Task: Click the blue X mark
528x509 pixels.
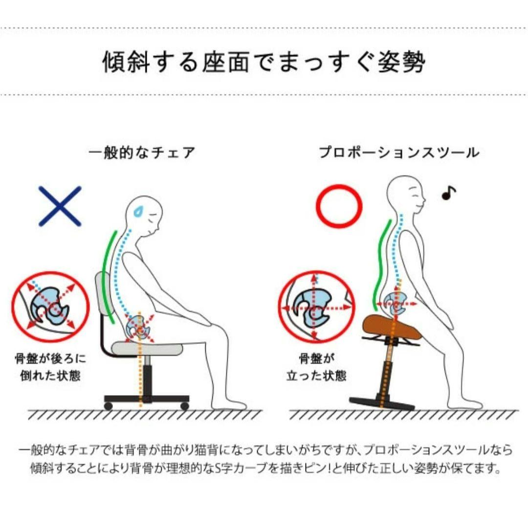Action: click(x=60, y=206)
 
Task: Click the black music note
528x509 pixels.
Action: click(x=448, y=193)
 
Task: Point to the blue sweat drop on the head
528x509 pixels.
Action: click(x=138, y=211)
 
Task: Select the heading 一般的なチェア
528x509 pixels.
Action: click(x=142, y=153)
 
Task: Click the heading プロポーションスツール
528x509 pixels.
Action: click(x=399, y=152)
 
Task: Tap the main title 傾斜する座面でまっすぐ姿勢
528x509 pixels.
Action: click(x=264, y=62)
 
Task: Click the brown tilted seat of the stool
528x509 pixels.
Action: click(x=392, y=327)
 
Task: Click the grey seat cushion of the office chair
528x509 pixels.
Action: click(x=147, y=348)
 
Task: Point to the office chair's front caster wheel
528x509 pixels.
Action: click(x=184, y=406)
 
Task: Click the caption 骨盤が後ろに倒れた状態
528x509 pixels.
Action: click(x=50, y=367)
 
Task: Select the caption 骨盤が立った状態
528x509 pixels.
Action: click(x=316, y=367)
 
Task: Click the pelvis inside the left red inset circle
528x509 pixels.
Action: click(x=49, y=306)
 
